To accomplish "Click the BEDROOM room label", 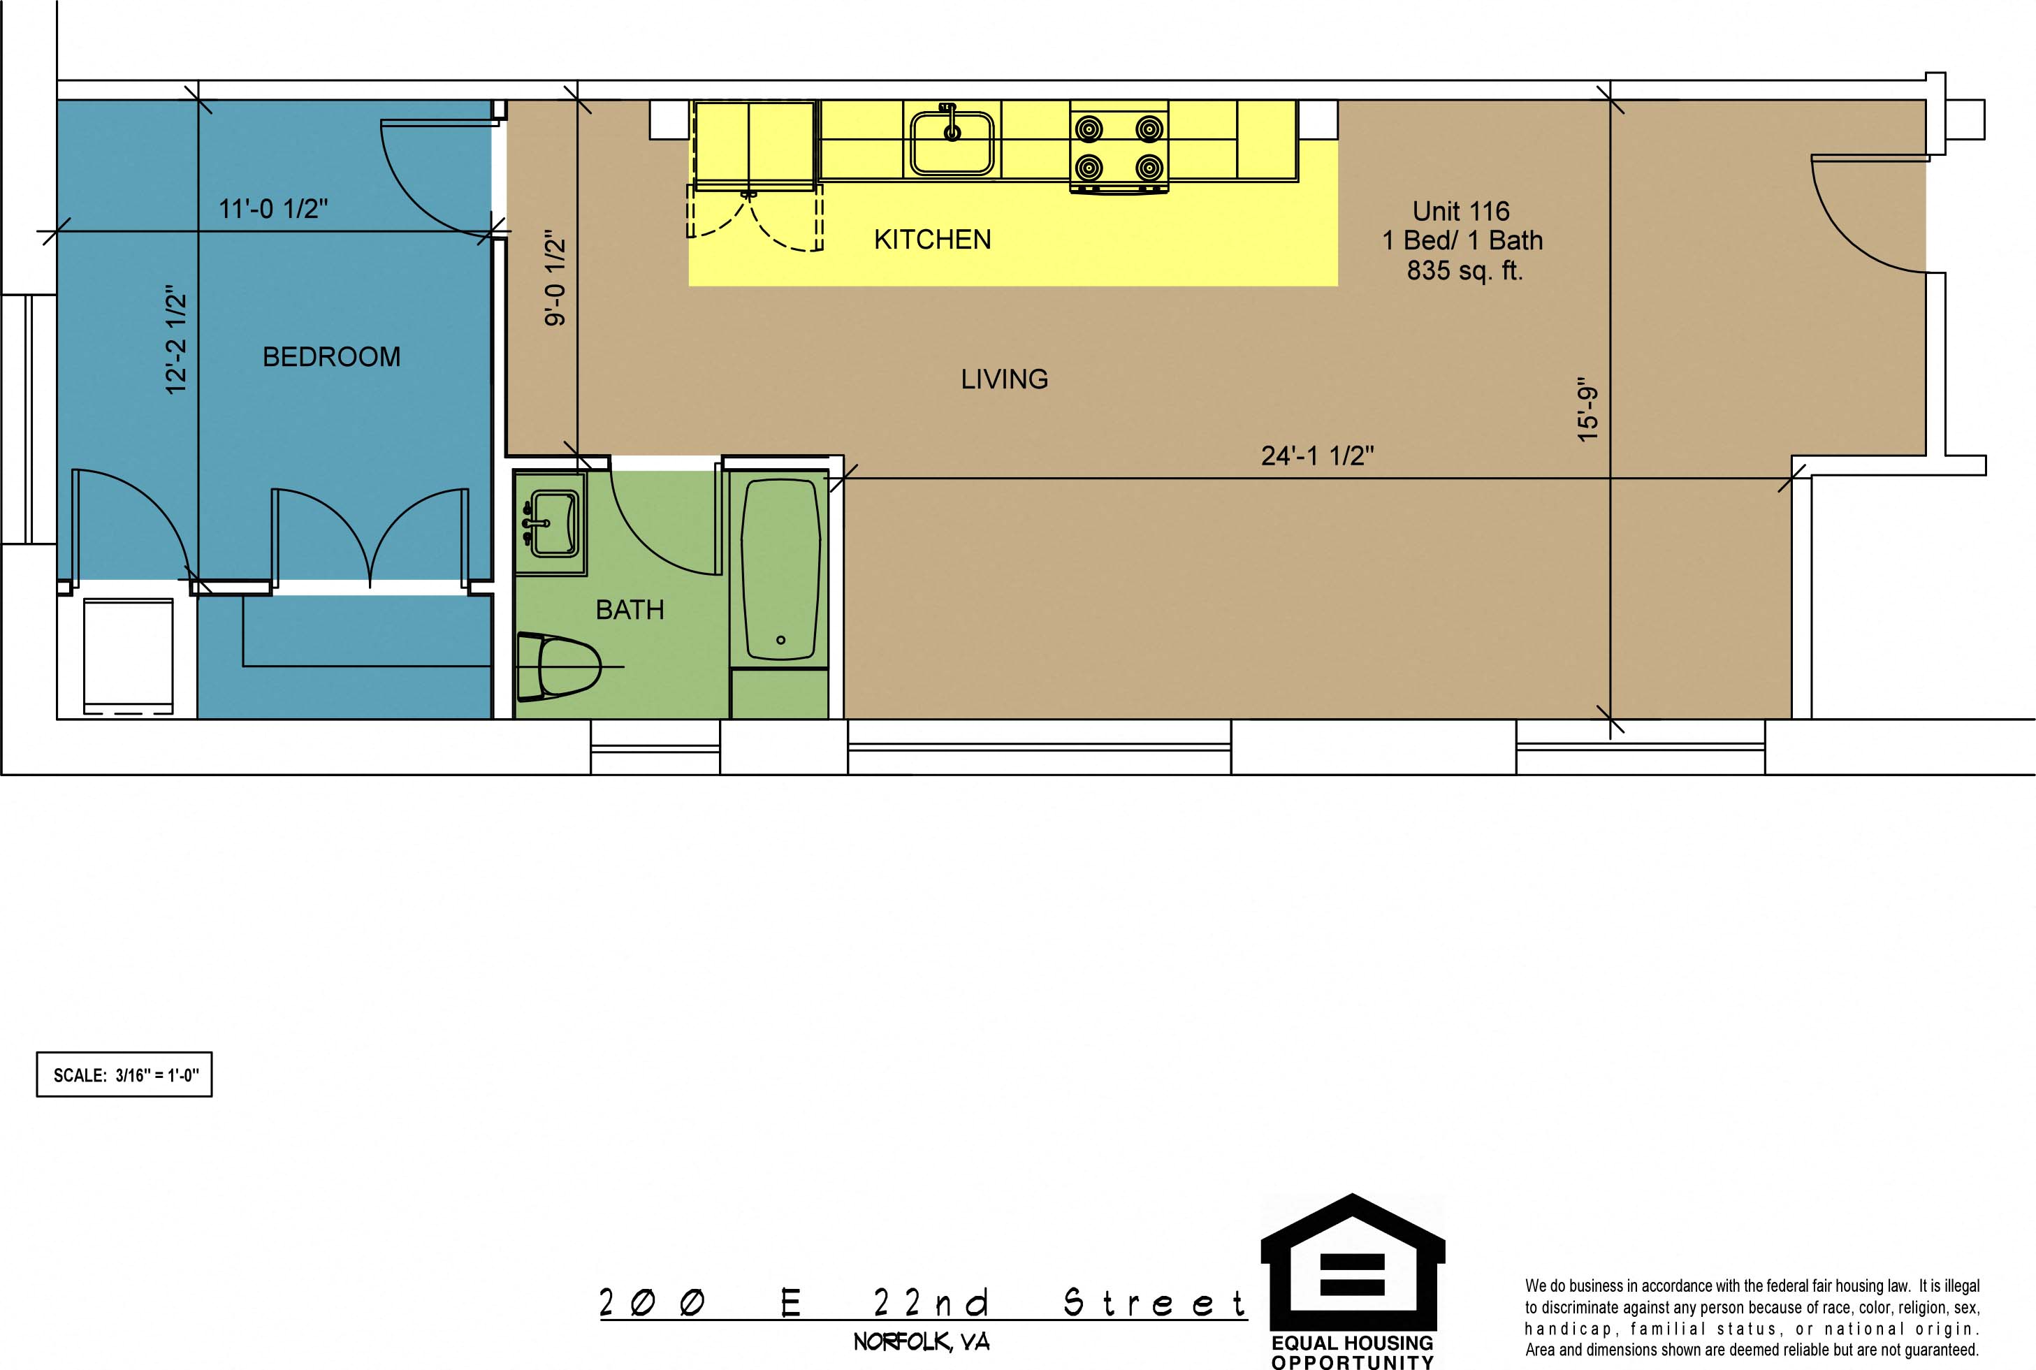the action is pos(332,356).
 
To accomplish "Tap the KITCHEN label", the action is pos(932,240).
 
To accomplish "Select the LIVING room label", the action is pos(1004,379).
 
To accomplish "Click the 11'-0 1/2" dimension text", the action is pos(273,209).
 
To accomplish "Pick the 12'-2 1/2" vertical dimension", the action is pos(177,339).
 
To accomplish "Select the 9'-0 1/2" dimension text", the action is pos(555,278).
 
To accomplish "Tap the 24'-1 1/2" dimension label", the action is pos(1317,456).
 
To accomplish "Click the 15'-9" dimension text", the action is pos(1587,409).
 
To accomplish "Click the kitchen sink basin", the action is pos(952,143).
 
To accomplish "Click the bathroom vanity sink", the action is pos(551,523).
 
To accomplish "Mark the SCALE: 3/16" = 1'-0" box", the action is pos(124,1074).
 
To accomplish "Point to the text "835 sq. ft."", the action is pos(1464,271).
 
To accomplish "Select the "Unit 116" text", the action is pos(1461,212).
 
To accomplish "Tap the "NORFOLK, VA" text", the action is pos(922,1342).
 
